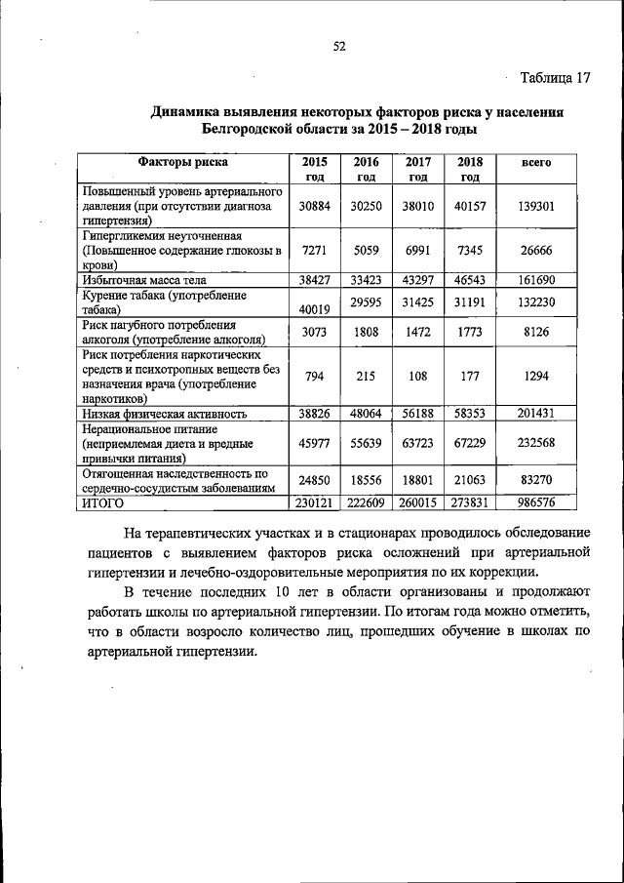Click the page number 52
(339, 46)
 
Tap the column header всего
(537, 163)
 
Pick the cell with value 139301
(537, 207)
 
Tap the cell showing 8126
(537, 331)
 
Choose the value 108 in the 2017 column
(418, 375)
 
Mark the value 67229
(470, 443)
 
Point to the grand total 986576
(537, 502)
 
